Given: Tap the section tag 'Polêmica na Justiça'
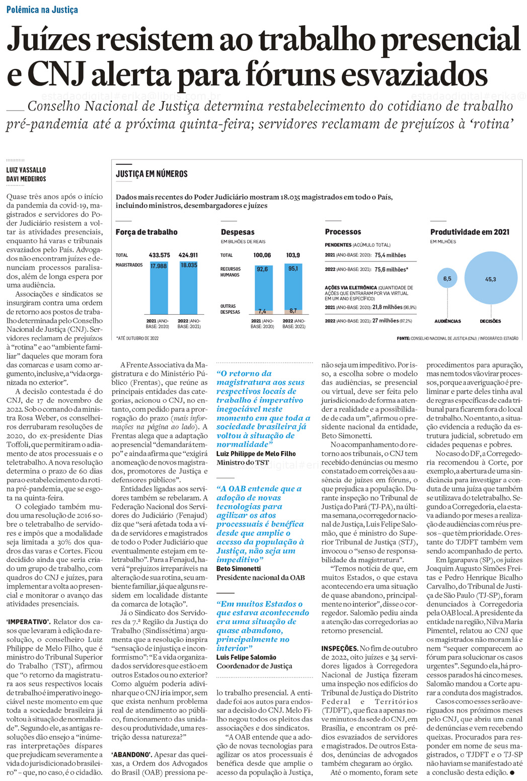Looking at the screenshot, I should (x=42, y=10).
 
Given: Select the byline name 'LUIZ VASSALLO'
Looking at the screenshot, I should (x=26, y=170).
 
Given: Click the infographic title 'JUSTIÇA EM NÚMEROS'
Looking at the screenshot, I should (x=152, y=174).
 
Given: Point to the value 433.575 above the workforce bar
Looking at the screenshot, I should (x=159, y=255).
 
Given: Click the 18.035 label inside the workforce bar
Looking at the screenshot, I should (x=189, y=265).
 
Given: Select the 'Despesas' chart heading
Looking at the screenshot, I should (x=238, y=232).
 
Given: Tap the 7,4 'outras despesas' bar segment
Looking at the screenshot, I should (x=262, y=311).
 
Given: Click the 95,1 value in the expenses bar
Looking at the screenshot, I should (x=293, y=269).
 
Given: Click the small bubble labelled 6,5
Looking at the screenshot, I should (x=447, y=278).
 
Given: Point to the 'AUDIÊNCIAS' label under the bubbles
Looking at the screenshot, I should (x=447, y=321).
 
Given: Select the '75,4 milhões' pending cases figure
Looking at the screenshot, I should (x=390, y=255).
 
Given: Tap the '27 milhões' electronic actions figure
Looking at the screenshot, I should (x=386, y=321).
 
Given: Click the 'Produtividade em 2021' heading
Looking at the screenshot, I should (x=470, y=232).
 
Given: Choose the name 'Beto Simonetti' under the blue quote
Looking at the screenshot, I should (x=239, y=568).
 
